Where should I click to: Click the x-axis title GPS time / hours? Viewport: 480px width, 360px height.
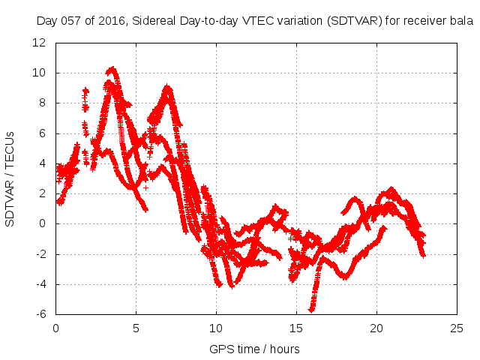[255, 349]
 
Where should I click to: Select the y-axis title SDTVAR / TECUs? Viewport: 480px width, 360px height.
[10, 178]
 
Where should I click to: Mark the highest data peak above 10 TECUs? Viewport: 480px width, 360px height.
[112, 69]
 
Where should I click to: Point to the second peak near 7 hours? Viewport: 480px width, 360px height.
[167, 88]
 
